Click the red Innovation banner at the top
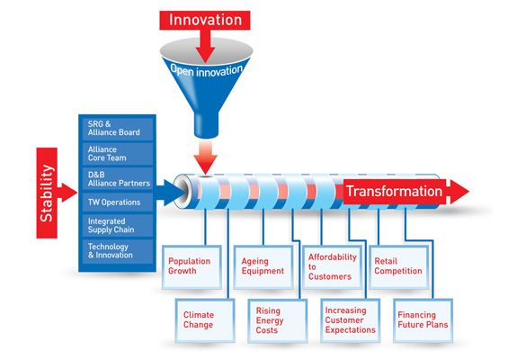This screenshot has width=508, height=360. click(x=207, y=19)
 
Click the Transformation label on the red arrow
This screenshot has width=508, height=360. click(x=394, y=192)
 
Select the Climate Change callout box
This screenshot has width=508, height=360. click(x=201, y=319)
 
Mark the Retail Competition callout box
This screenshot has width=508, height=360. click(x=399, y=265)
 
